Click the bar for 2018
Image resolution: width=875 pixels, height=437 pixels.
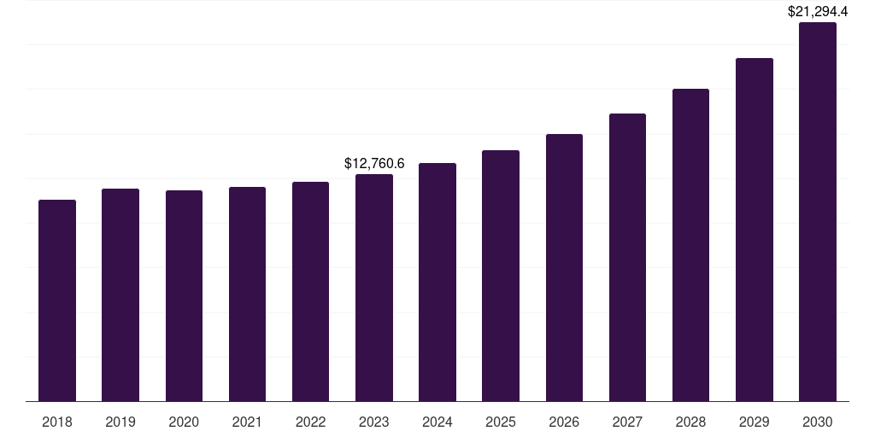coord(57,300)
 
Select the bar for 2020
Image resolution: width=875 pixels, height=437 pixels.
coord(184,295)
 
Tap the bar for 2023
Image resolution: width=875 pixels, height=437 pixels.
coord(374,288)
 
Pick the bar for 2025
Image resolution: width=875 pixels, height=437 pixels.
coord(501,276)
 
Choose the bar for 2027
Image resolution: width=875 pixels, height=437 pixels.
coord(627,257)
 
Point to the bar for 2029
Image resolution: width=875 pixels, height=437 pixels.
coord(754,230)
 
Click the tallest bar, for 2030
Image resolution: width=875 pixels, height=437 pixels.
coord(817,212)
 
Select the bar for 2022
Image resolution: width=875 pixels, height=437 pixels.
coord(310,291)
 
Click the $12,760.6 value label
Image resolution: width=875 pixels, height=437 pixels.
coord(374,163)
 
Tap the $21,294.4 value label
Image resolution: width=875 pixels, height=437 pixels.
coord(817,12)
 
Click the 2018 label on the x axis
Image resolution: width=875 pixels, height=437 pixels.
coord(57,422)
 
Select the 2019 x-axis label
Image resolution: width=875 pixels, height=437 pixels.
coord(120,422)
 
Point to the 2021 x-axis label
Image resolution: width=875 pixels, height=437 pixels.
coord(247,422)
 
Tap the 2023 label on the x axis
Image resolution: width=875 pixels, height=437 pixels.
coord(374,422)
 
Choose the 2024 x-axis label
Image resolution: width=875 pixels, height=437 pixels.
coord(437,422)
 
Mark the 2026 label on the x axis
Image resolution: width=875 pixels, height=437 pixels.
coord(564,422)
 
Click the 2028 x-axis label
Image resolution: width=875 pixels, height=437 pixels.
coord(690,422)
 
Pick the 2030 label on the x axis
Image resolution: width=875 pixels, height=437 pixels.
coord(817,422)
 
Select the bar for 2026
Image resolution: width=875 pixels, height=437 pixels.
coord(564,267)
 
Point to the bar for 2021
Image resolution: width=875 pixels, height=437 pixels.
coord(247,294)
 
